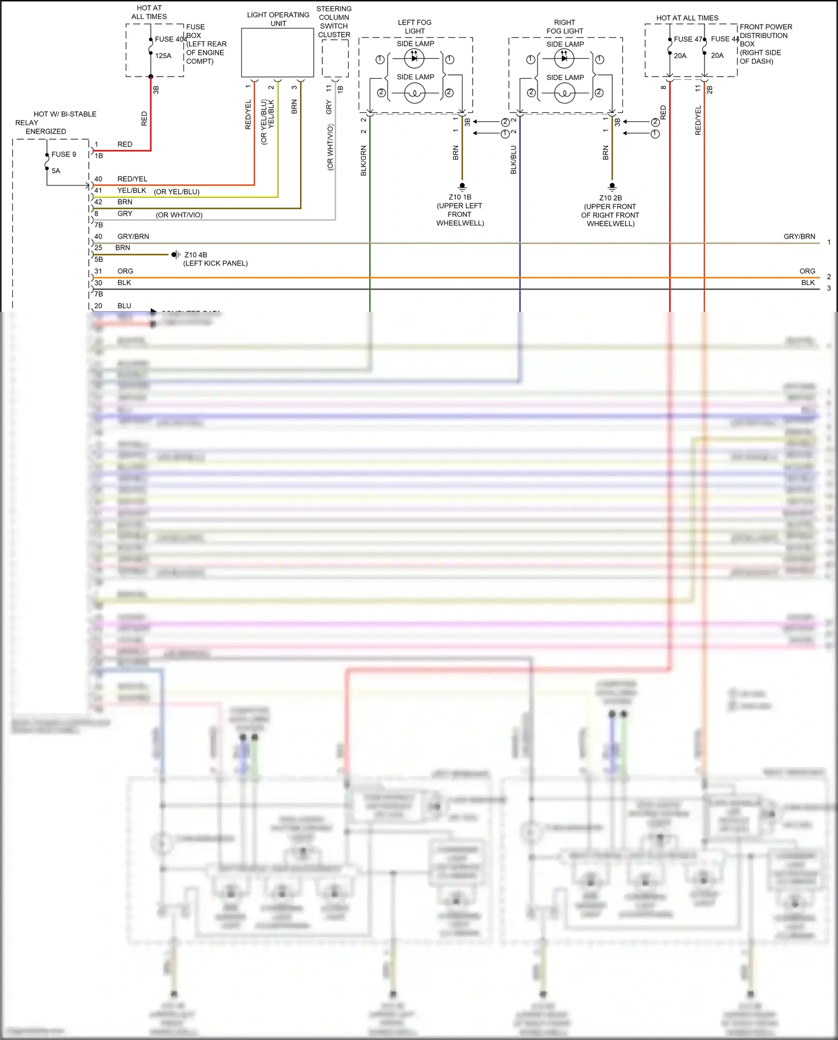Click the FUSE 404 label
point(170,39)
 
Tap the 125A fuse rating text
point(163,56)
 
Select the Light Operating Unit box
point(277,53)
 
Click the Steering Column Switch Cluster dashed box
point(335,58)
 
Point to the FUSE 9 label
point(64,154)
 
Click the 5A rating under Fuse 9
point(56,171)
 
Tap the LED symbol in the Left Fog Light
point(414,58)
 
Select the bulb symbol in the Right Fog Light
point(564,93)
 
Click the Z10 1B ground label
point(460,197)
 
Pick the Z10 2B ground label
point(610,198)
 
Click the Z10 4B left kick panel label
point(196,255)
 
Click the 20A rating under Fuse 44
point(717,56)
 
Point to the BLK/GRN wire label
point(364,161)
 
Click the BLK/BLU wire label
point(513,160)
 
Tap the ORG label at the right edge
point(807,271)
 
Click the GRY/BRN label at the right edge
point(799,236)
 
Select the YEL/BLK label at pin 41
point(132,191)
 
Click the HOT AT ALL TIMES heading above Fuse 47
point(687,18)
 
